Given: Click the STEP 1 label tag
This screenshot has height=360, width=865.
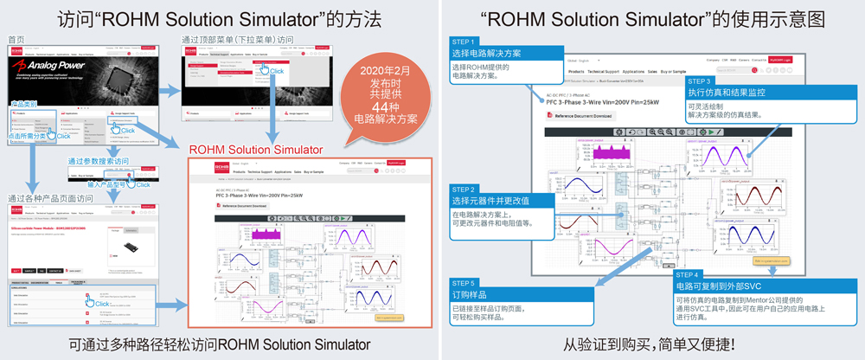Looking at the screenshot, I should coord(465,42).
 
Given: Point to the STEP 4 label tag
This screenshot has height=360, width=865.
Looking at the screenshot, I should coord(689,274).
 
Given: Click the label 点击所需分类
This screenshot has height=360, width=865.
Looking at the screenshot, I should coord(28,137).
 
